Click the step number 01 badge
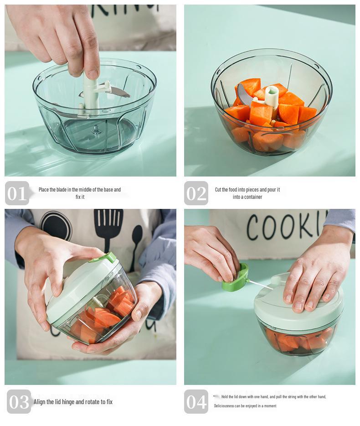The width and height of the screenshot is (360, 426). (x=17, y=193)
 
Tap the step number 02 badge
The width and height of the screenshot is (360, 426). (x=196, y=193)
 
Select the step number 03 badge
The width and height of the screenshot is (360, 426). (x=19, y=401)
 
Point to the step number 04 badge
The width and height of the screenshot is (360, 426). (x=196, y=401)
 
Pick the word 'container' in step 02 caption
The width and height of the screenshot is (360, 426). (x=253, y=197)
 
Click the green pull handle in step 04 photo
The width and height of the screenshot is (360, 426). (x=235, y=277)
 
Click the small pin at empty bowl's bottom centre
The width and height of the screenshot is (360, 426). (x=97, y=130)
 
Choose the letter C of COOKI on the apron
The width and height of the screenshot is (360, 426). (x=253, y=227)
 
